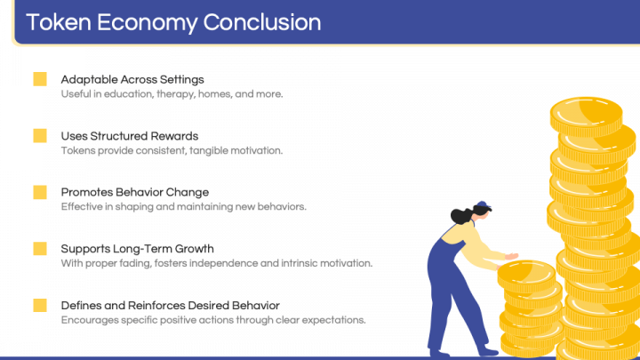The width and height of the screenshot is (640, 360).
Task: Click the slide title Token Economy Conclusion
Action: pyautogui.click(x=173, y=21)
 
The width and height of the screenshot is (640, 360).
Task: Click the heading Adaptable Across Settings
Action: pyautogui.click(x=132, y=79)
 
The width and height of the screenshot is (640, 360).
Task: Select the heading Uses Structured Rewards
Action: pyautogui.click(x=129, y=136)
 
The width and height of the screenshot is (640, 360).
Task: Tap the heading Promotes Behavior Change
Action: pyautogui.click(x=134, y=192)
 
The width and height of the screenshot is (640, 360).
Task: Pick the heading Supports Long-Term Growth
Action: pyautogui.click(x=137, y=249)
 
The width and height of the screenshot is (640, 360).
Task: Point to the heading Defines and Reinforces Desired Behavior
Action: pyautogui.click(x=170, y=305)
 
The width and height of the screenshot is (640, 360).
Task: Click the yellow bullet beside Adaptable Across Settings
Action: pyautogui.click(x=40, y=79)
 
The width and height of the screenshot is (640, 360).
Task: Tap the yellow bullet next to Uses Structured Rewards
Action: pyautogui.click(x=40, y=136)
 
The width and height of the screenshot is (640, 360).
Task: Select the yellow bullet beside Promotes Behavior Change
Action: pyautogui.click(x=40, y=192)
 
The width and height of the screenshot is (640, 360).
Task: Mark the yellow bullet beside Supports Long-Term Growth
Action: pyautogui.click(x=40, y=249)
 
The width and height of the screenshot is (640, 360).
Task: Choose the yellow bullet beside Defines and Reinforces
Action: pyautogui.click(x=40, y=305)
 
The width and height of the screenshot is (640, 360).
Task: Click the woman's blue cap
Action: pyautogui.click(x=483, y=207)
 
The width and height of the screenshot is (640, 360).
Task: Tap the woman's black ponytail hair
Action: pyautogui.click(x=460, y=216)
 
